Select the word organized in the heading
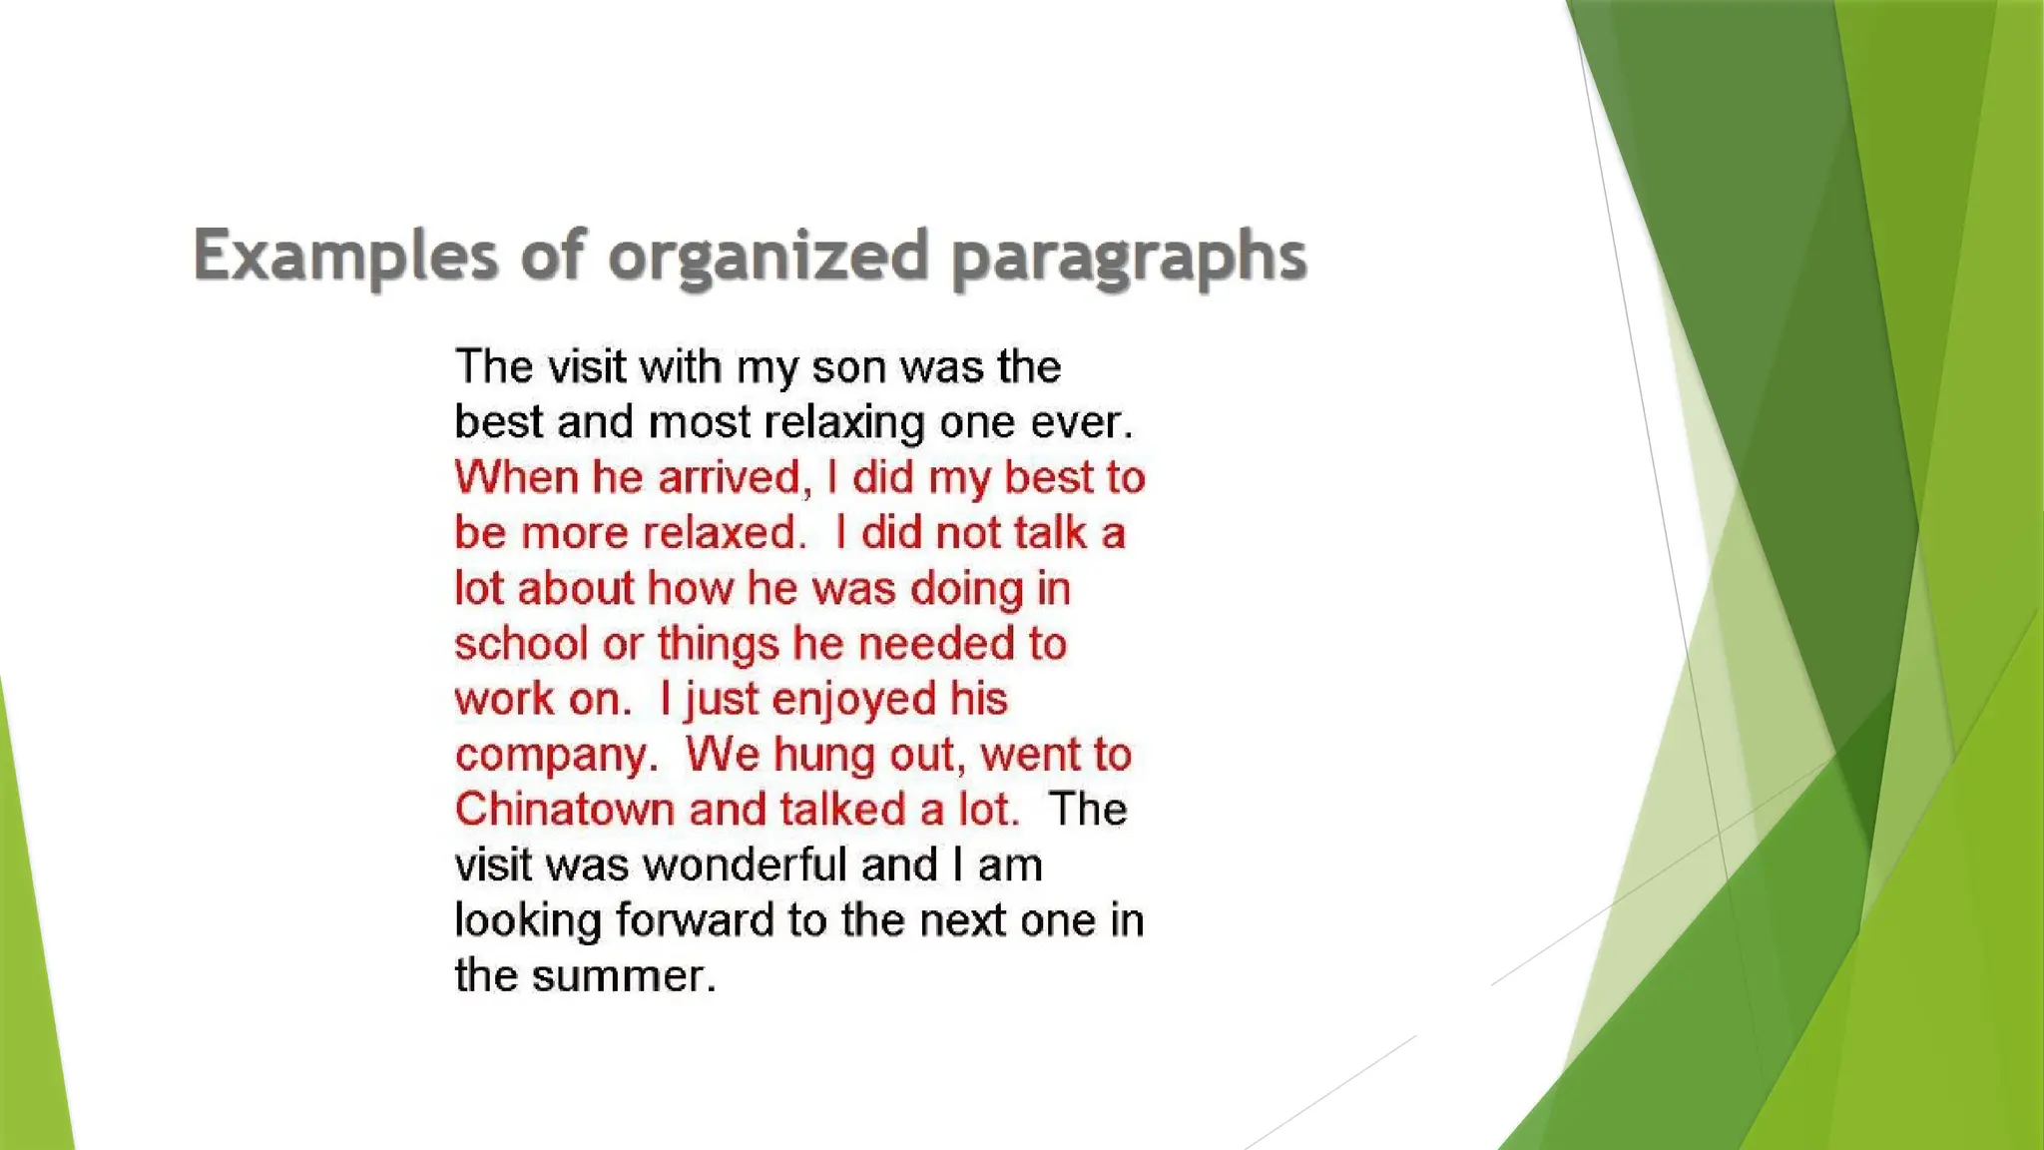click(769, 256)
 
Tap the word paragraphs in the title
click(1129, 258)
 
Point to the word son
click(847, 367)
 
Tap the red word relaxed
click(722, 533)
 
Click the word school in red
click(521, 644)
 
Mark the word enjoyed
click(853, 700)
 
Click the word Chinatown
click(565, 810)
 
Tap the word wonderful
click(745, 865)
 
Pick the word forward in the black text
click(695, 920)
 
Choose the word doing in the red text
click(966, 589)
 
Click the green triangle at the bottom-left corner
click(30, 998)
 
